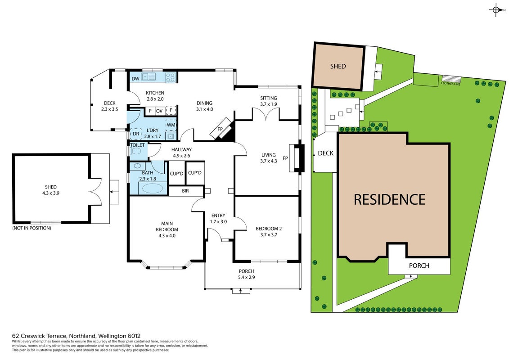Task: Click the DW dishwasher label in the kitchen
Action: pos(136,79)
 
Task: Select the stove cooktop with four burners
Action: pos(171,77)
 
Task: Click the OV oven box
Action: pos(159,111)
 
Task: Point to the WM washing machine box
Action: pos(171,125)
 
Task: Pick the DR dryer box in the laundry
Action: pos(136,134)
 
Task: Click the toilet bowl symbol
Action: pos(136,151)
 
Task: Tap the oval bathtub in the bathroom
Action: pos(153,189)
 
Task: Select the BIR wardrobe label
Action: pos(185,191)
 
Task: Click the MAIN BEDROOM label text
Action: pos(167,227)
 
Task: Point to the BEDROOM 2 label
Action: pos(269,229)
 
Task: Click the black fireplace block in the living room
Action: pos(302,158)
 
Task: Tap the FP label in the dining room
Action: pos(220,129)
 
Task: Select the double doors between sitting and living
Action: pos(266,114)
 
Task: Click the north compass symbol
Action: pos(496,10)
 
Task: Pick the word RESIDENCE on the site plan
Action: pos(390,199)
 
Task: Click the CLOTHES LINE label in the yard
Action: pos(450,84)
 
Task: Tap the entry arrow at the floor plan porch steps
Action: pos(240,291)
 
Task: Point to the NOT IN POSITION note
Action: pos(32,228)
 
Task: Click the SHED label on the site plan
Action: pos(338,66)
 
